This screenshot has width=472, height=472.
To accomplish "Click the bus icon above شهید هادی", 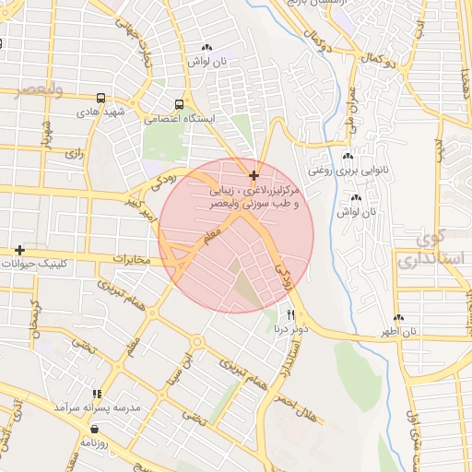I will (x=100, y=97).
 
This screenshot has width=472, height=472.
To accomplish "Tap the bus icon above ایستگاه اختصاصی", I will (x=180, y=105).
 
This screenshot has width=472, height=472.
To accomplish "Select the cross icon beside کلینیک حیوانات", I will (x=19, y=250).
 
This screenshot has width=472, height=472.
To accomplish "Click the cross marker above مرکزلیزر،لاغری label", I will (x=254, y=174).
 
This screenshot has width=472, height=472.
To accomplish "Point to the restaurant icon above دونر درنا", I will (x=291, y=315).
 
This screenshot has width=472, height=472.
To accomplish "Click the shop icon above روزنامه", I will (x=94, y=428).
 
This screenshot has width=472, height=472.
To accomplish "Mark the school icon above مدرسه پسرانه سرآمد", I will (x=93, y=394).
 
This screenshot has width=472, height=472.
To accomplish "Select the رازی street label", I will (x=74, y=155).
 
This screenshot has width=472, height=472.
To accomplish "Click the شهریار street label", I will (x=45, y=135).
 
